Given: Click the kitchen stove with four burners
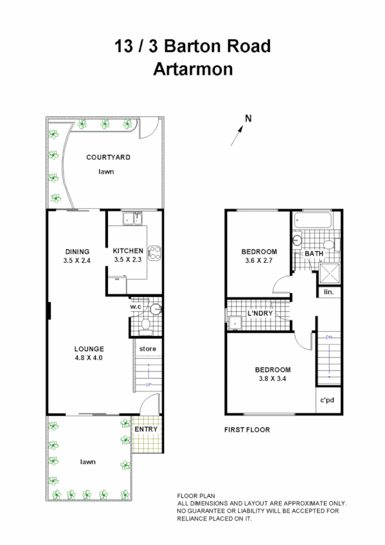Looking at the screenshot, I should [x=154, y=251].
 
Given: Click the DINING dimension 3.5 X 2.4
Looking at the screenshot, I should [x=77, y=260].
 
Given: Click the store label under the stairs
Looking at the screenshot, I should [x=148, y=349].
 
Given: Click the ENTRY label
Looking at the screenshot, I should [x=146, y=429].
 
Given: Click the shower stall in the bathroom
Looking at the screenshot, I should [x=329, y=274].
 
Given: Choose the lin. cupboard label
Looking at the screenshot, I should [x=328, y=292].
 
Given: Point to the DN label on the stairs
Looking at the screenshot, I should [x=328, y=337].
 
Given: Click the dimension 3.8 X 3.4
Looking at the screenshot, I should [x=273, y=379].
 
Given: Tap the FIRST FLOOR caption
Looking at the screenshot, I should [x=247, y=430].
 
